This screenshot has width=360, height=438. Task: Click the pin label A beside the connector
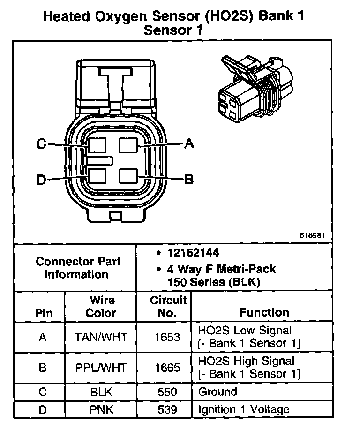[x=189, y=143]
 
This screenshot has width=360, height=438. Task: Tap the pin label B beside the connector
[x=189, y=179]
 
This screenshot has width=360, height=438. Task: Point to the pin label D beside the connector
[x=41, y=180]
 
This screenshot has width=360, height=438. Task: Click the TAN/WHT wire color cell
[x=101, y=337]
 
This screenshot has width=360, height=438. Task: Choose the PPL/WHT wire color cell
[x=101, y=367]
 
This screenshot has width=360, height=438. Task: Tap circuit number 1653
[x=167, y=337]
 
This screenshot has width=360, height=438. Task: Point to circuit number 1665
[x=167, y=367]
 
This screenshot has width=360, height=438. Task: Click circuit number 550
[x=167, y=392]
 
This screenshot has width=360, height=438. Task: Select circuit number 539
[x=167, y=410]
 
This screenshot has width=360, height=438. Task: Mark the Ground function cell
[x=218, y=392]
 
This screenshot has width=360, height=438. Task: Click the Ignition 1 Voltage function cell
[x=244, y=410]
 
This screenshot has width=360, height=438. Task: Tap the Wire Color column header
[x=101, y=306]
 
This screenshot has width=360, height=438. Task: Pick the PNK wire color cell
[x=101, y=410]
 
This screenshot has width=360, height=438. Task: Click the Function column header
[x=264, y=312]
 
